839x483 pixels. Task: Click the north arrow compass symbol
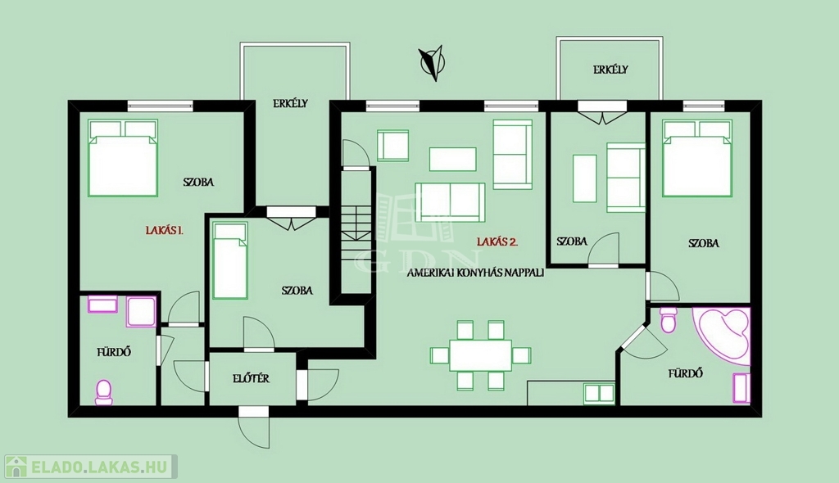(431, 63)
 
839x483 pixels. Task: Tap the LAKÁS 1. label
(165, 231)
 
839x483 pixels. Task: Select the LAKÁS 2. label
(497, 241)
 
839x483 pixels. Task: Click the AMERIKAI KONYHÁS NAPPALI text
(475, 273)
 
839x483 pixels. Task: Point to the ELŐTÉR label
(251, 379)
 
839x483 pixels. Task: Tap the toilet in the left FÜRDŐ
(104, 392)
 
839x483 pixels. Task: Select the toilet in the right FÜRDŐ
(669, 319)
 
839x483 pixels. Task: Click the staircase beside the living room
(356, 230)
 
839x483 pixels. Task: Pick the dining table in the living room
(480, 355)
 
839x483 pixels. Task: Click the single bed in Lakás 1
(230, 260)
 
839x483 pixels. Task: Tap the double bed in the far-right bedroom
(697, 158)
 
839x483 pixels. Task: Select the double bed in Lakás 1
(123, 158)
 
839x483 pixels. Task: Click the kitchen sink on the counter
(599, 393)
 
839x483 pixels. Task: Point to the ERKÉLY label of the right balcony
(610, 70)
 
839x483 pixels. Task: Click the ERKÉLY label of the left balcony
(291, 104)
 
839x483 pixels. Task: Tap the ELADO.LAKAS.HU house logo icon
(16, 467)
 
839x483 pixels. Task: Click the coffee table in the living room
(452, 160)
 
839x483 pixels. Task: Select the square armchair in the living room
(392, 146)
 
